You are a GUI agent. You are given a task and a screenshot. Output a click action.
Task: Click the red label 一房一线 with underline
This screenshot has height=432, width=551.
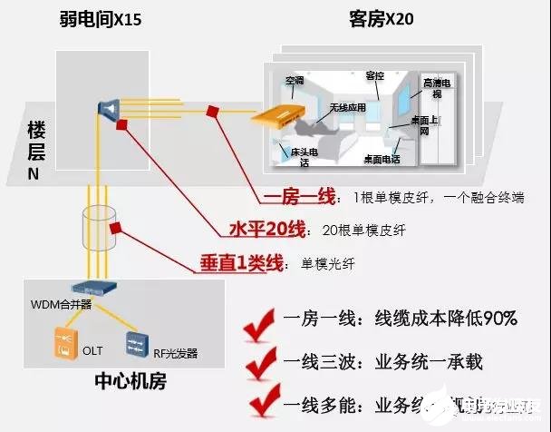pos(300,197)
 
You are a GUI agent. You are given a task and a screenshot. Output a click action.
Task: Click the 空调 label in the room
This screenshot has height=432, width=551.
pos(295,81)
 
